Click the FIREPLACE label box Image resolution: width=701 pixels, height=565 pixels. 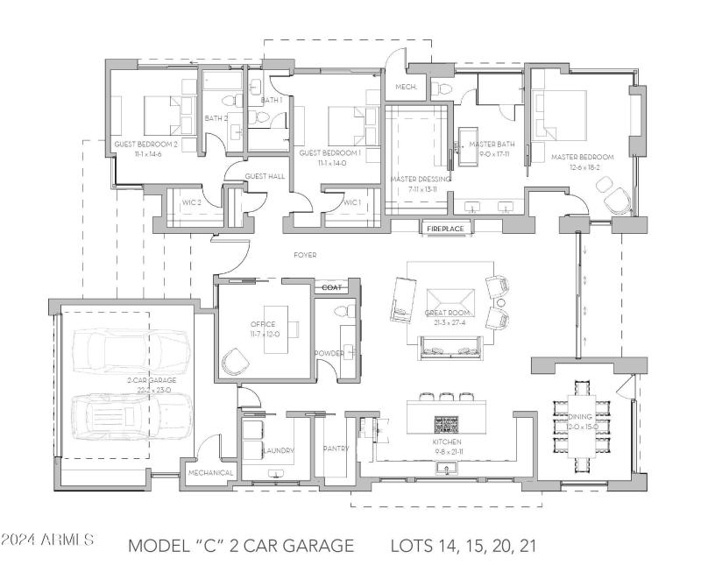click(x=446, y=229)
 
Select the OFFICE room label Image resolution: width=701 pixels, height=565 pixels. click(x=262, y=324)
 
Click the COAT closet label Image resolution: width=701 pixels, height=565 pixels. click(x=331, y=286)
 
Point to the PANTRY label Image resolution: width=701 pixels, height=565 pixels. click(x=336, y=448)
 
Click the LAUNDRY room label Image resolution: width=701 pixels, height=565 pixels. click(x=276, y=450)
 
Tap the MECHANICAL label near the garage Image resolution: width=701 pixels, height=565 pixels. click(x=210, y=473)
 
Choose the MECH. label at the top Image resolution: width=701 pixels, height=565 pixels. click(x=405, y=87)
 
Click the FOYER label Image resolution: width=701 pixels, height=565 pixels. click(x=305, y=255)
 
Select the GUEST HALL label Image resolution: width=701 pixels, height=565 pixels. click(x=265, y=176)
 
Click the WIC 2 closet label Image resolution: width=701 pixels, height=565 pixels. click(x=193, y=202)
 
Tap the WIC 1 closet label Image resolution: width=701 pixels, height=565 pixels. click(x=351, y=202)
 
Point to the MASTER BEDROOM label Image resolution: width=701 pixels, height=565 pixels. click(x=582, y=157)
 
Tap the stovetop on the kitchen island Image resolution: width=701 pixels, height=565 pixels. click(x=446, y=424)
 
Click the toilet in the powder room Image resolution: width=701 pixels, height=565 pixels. click(x=343, y=312)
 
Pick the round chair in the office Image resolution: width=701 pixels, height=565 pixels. click(x=237, y=360)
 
